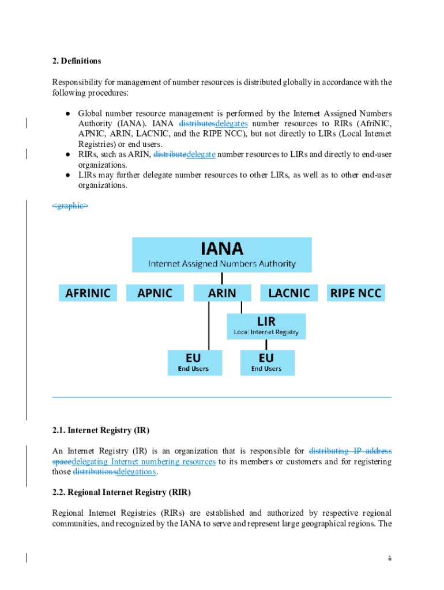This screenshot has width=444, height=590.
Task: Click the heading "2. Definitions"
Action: [x=77, y=61]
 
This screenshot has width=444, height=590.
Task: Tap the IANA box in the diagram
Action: [x=222, y=255]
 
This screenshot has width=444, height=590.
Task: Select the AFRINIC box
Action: [x=88, y=293]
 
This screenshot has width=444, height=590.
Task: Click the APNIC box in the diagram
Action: [x=155, y=293]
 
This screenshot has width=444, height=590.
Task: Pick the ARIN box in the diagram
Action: [x=222, y=293]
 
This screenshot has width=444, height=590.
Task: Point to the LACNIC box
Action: [x=289, y=293]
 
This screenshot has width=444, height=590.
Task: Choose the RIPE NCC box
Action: [x=356, y=293]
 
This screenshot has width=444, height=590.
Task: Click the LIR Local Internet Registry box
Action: [x=266, y=326]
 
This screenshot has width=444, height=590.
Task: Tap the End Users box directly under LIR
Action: [x=266, y=363]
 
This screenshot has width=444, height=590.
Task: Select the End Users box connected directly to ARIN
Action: [x=194, y=363]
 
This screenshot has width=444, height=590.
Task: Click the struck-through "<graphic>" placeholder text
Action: [x=70, y=205]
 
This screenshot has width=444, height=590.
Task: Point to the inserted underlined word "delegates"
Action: [x=231, y=123]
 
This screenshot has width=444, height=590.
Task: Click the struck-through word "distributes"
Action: [x=197, y=123]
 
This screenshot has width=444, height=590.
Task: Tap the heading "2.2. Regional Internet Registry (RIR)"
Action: [x=121, y=493]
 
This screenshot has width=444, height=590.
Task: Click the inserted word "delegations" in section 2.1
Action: [x=136, y=472]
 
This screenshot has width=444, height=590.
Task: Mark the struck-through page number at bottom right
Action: [x=390, y=558]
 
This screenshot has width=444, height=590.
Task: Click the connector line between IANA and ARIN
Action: [x=222, y=278]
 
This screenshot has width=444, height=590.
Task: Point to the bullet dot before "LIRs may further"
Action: [x=67, y=175]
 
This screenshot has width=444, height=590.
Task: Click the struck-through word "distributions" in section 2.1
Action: [x=95, y=472]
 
